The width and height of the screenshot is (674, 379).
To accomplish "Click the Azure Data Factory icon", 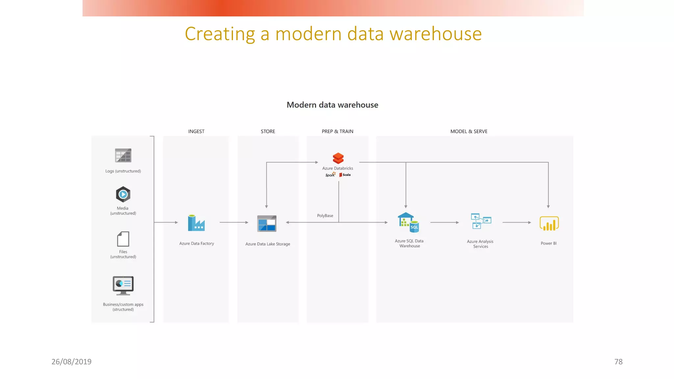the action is click(196, 223).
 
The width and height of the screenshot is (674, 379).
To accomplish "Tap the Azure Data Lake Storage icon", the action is click(267, 224).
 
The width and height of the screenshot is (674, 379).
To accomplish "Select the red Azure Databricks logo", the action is click(338, 158).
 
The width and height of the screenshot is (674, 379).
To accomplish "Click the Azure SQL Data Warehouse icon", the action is click(408, 223).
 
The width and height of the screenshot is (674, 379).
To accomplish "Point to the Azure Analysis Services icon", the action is click(481, 221).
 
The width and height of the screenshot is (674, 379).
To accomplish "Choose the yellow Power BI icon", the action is click(549, 224).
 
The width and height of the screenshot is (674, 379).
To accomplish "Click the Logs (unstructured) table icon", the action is click(123, 155).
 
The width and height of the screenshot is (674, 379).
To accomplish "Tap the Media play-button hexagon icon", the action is click(123, 194).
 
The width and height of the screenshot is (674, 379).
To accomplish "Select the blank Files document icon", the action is click(123, 239).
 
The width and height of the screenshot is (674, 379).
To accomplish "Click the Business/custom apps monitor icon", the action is click(123, 285).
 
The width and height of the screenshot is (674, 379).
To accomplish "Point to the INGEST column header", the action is click(196, 131).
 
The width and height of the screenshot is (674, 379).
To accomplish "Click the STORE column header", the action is click(268, 131).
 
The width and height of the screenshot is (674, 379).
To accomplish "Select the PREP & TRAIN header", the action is click(337, 131).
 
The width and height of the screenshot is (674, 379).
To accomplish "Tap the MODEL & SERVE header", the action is click(469, 131).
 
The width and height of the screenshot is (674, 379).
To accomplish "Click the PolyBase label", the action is click(325, 216).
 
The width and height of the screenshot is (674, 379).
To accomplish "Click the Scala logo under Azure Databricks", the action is click(345, 175).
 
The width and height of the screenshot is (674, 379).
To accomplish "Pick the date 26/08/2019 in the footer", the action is click(71, 362).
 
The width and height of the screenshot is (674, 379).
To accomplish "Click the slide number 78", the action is click(618, 362).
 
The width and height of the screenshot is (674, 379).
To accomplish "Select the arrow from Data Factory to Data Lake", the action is click(234, 222).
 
